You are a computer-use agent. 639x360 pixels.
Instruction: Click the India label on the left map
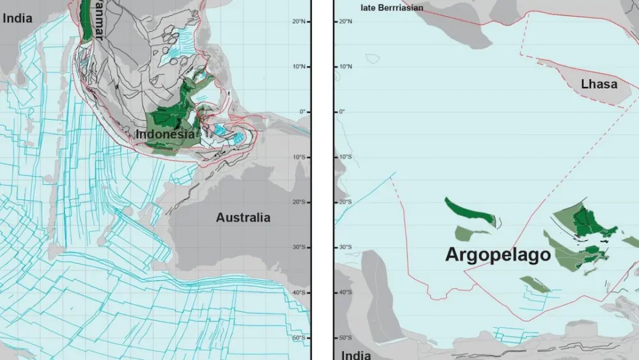pos(17,19)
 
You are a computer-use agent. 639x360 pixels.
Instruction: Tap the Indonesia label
pos(165,135)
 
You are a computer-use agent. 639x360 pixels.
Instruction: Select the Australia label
pos(243,217)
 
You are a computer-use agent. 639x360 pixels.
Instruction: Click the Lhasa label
pos(599,84)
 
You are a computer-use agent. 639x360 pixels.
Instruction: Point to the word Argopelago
pos(498,255)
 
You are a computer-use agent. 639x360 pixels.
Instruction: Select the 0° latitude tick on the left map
pos(302,112)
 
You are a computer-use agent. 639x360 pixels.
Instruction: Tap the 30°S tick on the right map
pos(344,247)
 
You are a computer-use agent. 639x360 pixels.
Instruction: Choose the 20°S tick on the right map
pos(344,202)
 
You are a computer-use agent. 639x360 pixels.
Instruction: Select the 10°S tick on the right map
pos(344,157)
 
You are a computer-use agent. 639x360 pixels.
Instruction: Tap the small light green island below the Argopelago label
pos(535,284)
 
